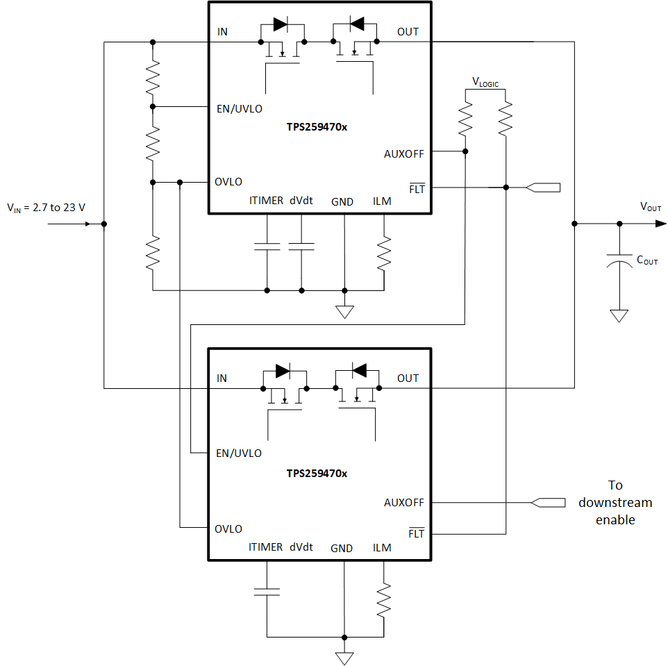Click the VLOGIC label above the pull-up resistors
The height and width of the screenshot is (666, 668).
485,82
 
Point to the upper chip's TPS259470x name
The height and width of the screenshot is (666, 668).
317,128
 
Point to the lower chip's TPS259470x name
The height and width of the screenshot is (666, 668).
317,473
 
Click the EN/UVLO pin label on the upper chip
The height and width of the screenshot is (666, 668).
239,108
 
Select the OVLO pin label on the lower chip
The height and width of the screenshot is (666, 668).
228,528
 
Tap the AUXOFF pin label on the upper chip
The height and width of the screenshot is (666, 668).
403,154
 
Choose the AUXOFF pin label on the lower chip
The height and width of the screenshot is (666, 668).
403,502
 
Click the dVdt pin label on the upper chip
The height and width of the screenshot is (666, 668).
301,201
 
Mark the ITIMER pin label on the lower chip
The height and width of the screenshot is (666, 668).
266,547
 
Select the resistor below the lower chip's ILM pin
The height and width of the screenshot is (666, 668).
383,600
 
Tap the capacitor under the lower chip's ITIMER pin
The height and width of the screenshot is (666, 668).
267,592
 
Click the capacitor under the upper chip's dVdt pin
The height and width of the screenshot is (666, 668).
301,246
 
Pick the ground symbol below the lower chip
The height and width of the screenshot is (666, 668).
344,658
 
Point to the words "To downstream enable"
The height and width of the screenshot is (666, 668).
615,502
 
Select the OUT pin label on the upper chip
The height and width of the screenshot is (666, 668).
408,32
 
